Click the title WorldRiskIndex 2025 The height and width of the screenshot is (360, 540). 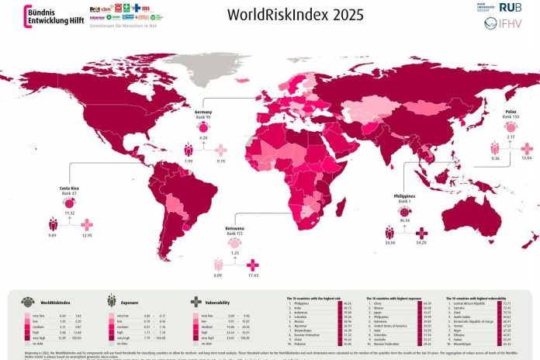point(282,16)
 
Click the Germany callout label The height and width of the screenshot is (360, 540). point(204,114)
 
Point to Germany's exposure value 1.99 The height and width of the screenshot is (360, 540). point(188,161)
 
